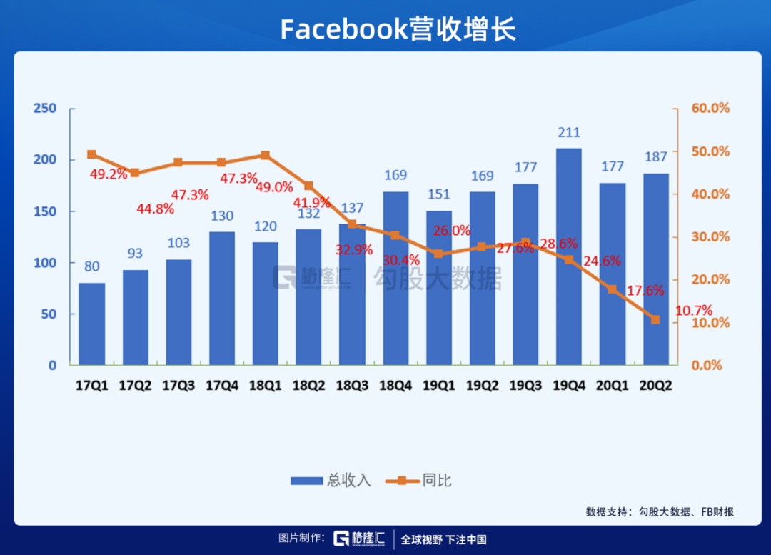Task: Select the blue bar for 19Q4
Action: (x=568, y=257)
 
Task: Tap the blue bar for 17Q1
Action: (x=91, y=324)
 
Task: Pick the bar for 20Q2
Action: (x=655, y=269)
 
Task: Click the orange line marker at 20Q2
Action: (x=655, y=319)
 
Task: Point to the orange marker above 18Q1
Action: (x=265, y=155)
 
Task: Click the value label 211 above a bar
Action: (x=569, y=133)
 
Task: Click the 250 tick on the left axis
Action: (x=44, y=108)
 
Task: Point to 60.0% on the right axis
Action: (x=710, y=108)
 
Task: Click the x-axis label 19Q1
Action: (x=438, y=385)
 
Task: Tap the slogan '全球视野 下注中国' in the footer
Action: (x=443, y=539)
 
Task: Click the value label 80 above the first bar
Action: (x=91, y=267)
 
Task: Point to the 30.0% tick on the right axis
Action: (x=710, y=236)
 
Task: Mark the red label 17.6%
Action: (x=645, y=290)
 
